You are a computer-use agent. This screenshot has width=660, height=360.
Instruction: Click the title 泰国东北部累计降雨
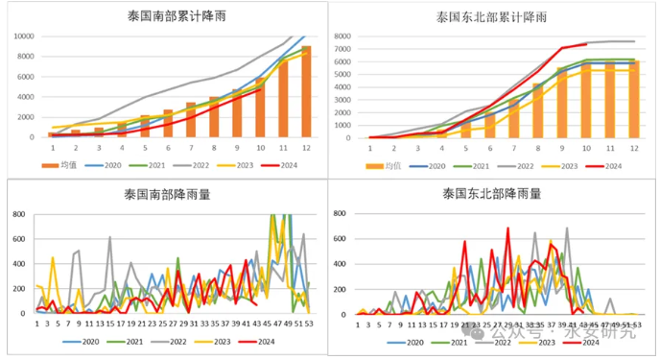[x=493, y=16]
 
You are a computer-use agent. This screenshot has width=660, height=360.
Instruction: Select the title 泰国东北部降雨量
[x=492, y=195]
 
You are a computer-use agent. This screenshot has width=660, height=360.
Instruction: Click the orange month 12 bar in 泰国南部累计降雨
[x=306, y=91]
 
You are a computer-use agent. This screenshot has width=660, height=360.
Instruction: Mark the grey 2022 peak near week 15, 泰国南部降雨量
[x=109, y=237]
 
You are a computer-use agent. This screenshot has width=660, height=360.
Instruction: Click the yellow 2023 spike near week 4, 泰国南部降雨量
[x=52, y=257]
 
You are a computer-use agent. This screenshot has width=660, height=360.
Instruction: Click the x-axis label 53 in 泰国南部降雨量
[x=306, y=324]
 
